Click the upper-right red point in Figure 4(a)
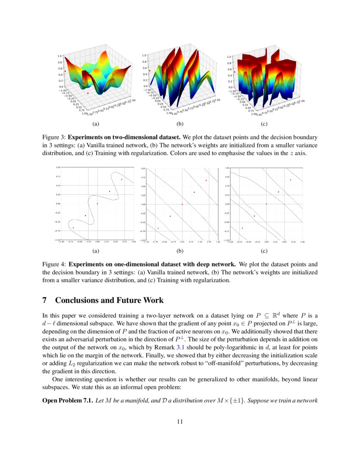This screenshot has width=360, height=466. (x=122, y=179)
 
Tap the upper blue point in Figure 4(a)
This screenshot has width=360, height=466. (x=110, y=191)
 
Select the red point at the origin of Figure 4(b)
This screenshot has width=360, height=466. (x=182, y=204)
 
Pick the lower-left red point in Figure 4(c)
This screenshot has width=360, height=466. (x=242, y=228)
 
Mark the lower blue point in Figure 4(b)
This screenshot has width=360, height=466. (x=170, y=216)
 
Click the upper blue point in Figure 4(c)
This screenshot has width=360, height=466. (x=278, y=192)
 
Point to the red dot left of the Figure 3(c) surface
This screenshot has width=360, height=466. (x=235, y=72)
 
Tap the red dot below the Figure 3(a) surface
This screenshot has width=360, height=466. (x=88, y=93)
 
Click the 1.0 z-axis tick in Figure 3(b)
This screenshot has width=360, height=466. (x=144, y=55)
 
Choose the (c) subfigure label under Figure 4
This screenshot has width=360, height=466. (x=264, y=251)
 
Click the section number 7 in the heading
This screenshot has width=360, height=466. (x=45, y=300)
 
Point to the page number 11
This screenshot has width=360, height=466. (x=180, y=421)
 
